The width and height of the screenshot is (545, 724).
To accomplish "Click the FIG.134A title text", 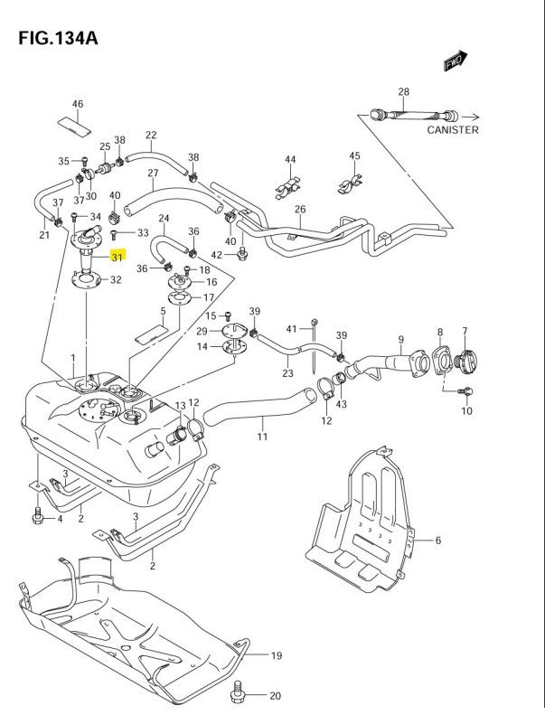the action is point(58,38).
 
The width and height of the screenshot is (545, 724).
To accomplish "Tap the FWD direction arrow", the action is point(456,61).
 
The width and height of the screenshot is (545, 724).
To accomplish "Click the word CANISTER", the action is point(453,130).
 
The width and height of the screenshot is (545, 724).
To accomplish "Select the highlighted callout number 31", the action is point(117,257).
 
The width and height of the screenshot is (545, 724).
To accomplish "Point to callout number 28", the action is point(404,91).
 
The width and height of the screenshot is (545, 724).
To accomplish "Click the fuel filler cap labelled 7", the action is point(465,360).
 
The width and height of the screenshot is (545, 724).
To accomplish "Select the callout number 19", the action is point(277,655).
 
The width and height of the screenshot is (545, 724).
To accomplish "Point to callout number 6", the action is point(437,540).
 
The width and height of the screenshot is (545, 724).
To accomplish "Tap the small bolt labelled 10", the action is point(466,391).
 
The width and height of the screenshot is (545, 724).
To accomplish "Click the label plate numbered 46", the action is point(74,126).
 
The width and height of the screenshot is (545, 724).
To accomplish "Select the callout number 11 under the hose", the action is point(262,437).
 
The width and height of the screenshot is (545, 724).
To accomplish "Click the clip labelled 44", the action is point(288,188).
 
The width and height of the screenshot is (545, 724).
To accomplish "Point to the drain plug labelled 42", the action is point(241,253).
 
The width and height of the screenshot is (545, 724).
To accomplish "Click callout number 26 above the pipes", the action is point(300,209).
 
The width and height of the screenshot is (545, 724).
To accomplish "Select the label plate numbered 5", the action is point(151,334).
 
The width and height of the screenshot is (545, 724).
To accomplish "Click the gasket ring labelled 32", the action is point(87,281).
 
